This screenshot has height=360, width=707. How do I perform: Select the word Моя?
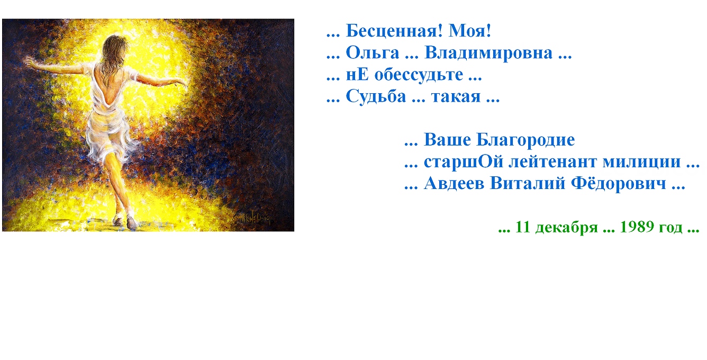(x=467, y=31)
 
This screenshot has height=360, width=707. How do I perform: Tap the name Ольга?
(x=373, y=53)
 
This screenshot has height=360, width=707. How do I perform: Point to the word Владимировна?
(x=488, y=53)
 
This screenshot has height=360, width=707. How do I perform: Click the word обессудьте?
(x=419, y=75)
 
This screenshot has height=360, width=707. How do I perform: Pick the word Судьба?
(x=376, y=96)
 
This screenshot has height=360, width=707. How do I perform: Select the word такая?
(x=456, y=97)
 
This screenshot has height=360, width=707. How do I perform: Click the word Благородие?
(x=525, y=140)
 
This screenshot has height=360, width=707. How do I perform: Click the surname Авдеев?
(x=454, y=184)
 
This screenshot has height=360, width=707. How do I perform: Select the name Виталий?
(x=528, y=184)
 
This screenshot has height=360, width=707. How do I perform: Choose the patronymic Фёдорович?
(x=619, y=183)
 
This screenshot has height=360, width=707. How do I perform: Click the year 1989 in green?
(x=636, y=227)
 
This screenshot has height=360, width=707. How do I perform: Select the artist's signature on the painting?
(x=253, y=218)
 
